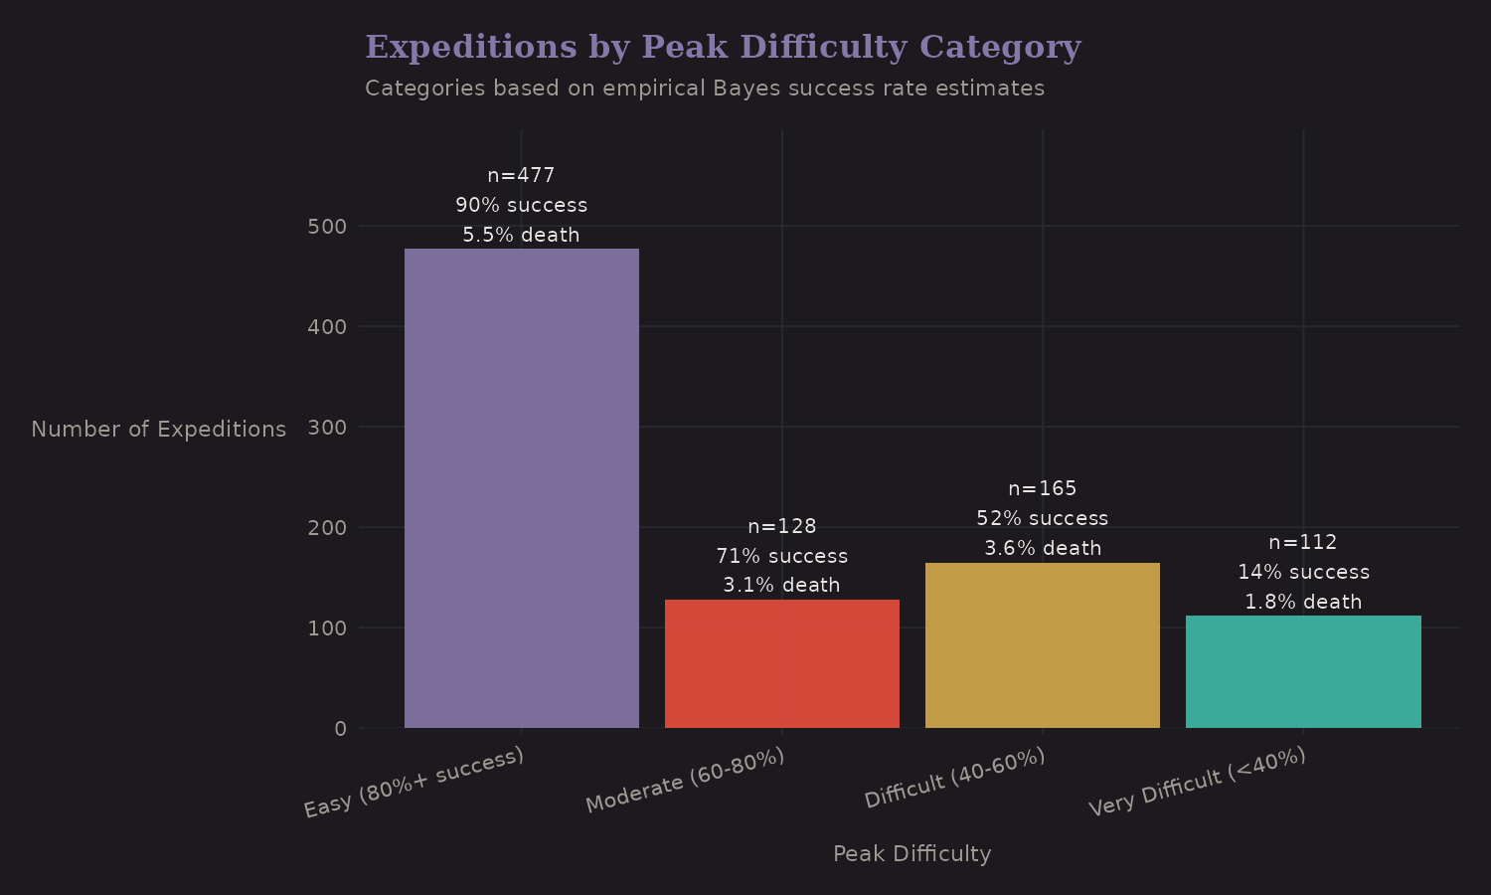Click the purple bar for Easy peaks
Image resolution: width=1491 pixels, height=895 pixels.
click(521, 487)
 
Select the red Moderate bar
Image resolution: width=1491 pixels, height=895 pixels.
click(781, 663)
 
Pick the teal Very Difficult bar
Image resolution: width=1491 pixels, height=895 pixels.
click(1302, 671)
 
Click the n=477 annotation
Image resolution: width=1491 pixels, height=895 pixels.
click(521, 176)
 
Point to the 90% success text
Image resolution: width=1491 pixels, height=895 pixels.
click(521, 206)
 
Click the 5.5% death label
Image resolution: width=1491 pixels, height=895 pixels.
click(521, 236)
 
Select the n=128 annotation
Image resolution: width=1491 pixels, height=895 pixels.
click(781, 526)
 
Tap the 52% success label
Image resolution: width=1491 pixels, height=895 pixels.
click(1042, 518)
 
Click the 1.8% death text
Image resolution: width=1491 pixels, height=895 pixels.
click(1302, 602)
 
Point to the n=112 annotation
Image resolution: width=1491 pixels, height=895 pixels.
click(1302, 542)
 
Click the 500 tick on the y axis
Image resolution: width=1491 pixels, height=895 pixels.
click(327, 227)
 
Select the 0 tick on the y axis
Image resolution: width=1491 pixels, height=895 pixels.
click(340, 729)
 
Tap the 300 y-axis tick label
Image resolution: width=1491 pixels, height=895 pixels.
click(327, 428)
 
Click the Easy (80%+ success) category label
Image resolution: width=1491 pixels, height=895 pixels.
click(414, 783)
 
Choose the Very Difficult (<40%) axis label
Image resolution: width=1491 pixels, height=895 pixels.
click(1197, 782)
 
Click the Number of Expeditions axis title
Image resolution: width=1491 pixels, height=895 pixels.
click(158, 430)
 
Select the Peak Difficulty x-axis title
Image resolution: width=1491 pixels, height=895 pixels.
click(911, 854)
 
